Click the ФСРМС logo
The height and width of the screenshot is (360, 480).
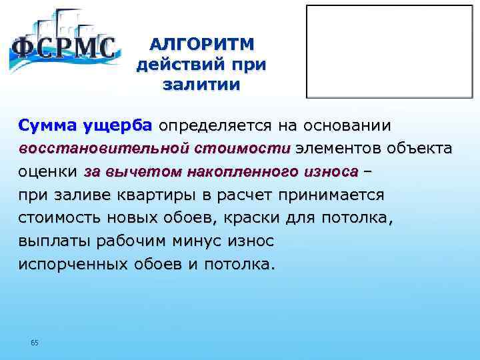coord(63,47)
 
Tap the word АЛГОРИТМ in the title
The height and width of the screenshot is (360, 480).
coord(202,44)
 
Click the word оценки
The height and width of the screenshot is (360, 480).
coord(47,171)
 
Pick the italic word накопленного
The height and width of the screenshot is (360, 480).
coord(226,171)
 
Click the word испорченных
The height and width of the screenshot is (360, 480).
coord(73,263)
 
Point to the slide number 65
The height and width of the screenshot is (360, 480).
coord(35,343)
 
